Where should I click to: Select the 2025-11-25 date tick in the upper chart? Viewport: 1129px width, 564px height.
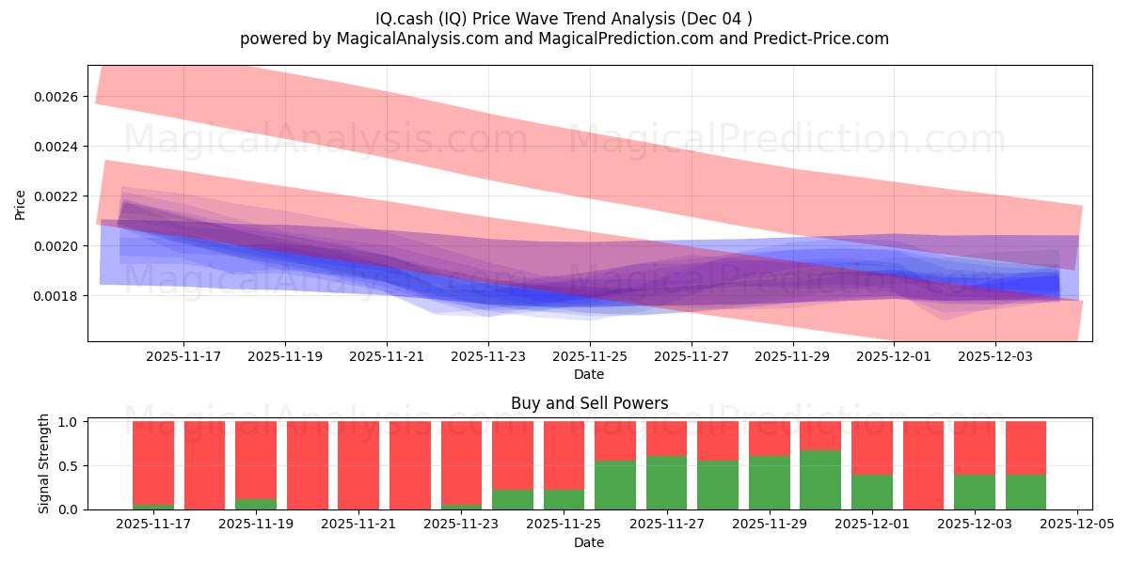590,356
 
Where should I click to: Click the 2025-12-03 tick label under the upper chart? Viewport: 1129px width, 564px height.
995,356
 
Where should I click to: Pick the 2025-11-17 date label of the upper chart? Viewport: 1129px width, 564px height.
183,356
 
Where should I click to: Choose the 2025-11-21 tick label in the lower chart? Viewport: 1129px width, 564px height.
358,525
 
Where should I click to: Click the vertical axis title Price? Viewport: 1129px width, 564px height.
21,203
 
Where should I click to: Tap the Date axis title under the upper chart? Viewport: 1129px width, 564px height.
589,374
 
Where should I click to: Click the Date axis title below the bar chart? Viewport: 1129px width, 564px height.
589,542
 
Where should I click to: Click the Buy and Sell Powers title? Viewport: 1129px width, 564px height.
589,403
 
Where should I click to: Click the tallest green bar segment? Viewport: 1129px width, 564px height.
820,480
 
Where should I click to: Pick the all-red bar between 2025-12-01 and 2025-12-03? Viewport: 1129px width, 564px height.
923,465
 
